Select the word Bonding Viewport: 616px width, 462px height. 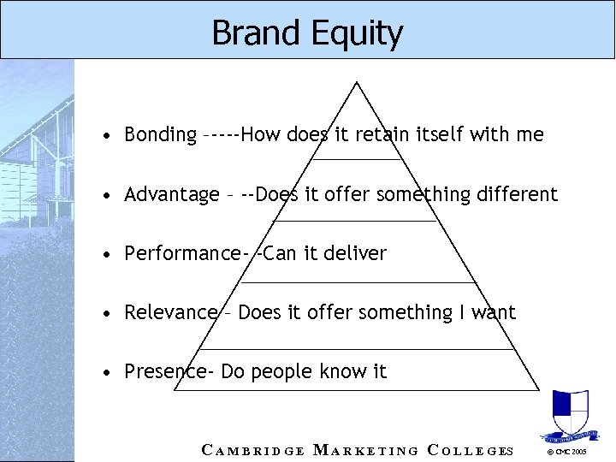click(160, 135)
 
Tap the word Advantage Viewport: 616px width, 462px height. click(171, 195)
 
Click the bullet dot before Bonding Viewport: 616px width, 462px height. click(104, 136)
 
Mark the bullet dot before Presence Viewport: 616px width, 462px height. click(104, 373)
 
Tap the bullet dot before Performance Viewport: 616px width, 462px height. click(104, 255)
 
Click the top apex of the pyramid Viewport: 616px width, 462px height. click(357, 82)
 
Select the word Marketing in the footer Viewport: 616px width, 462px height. click(366, 450)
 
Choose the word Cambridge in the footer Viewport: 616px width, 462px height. click(252, 450)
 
